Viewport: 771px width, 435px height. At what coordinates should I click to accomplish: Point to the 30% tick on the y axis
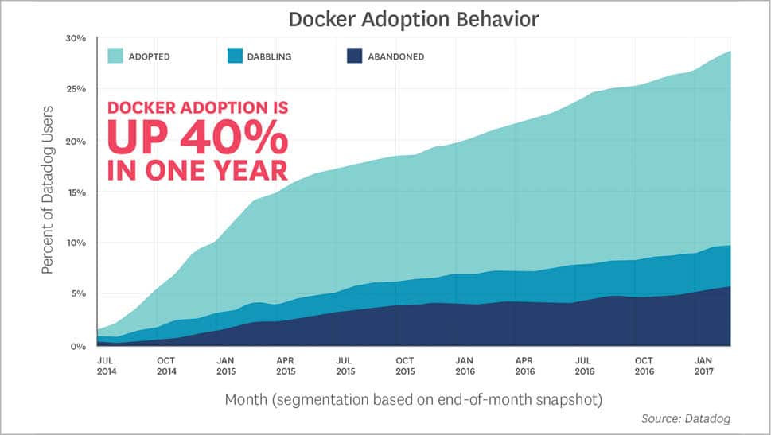[76, 38]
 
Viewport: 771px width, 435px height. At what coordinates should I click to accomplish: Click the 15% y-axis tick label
[76, 192]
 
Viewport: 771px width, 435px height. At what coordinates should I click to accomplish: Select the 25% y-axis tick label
[76, 89]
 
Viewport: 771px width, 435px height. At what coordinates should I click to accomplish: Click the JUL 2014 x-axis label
[105, 366]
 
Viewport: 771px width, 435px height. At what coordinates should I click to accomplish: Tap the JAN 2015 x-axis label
[225, 366]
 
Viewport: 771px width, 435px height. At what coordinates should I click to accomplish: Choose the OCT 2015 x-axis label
[405, 366]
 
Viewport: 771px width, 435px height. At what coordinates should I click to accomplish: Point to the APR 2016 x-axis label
[525, 366]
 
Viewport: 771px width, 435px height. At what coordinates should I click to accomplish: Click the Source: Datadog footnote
[685, 418]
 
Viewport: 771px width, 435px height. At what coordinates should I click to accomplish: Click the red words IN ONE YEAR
[197, 170]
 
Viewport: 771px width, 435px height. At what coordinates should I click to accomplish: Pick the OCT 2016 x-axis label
[644, 366]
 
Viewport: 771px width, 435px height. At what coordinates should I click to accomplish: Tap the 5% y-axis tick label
[79, 293]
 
